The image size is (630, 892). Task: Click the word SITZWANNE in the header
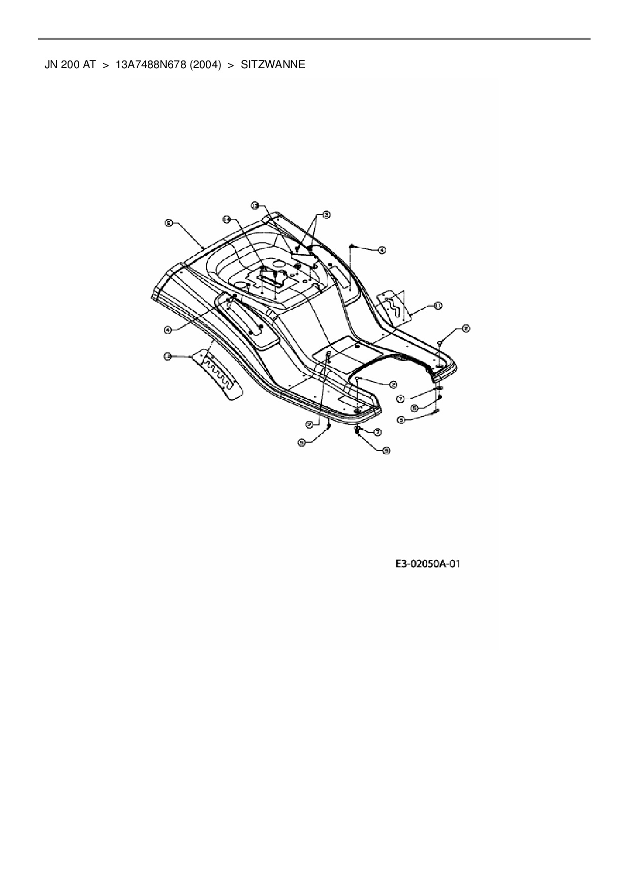[273, 65]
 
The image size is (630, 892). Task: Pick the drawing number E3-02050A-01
[428, 564]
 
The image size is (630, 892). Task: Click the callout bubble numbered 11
[437, 305]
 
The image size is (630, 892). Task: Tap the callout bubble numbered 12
[167, 356]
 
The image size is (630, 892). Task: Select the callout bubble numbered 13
[256, 205]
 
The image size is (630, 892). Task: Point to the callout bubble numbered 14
[227, 219]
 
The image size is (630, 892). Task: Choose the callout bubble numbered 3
[326, 215]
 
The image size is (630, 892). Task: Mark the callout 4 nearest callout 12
[167, 330]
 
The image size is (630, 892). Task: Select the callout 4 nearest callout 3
[382, 250]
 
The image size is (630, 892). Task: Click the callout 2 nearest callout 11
[465, 329]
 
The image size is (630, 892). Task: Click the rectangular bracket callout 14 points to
[270, 278]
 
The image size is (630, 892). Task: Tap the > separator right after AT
[106, 65]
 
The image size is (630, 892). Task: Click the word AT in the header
[89, 65]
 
